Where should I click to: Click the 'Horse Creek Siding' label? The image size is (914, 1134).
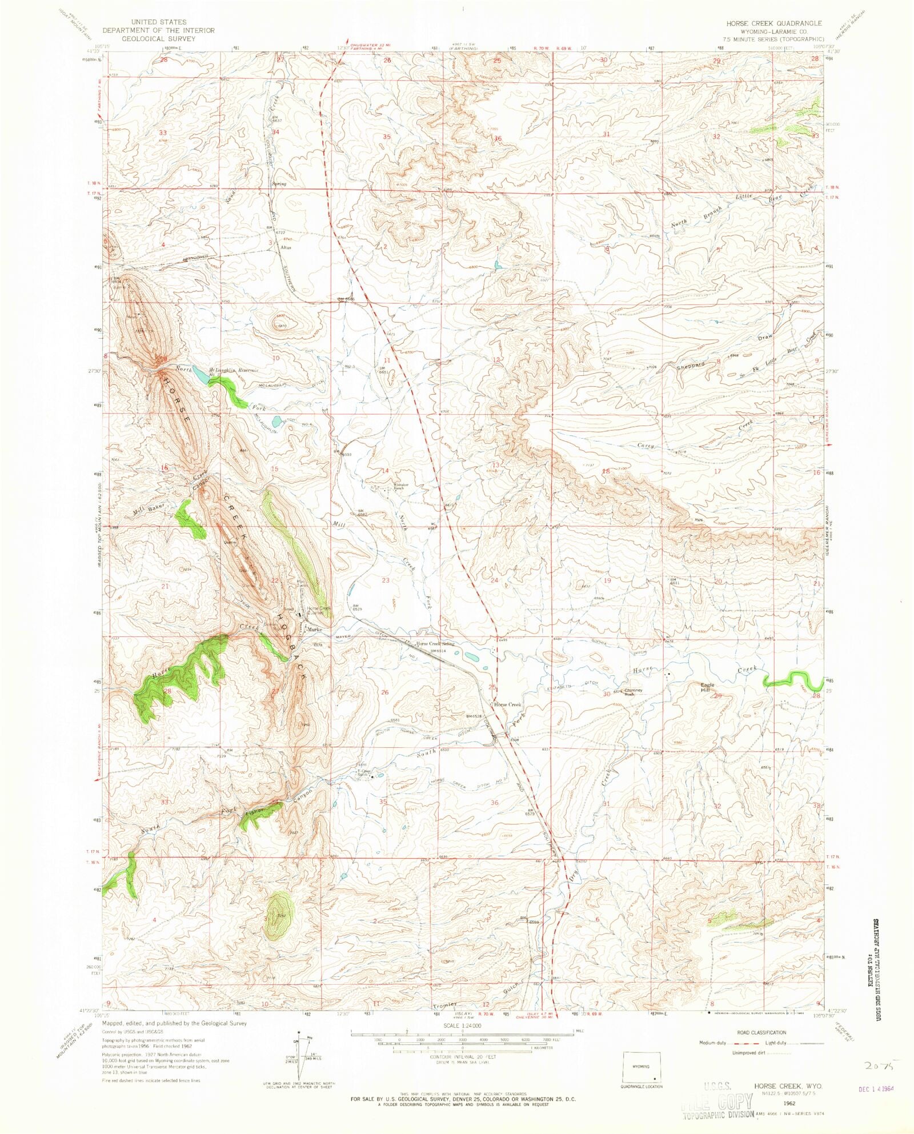[x=436, y=643]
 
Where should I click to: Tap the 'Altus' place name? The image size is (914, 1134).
[x=286, y=247]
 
